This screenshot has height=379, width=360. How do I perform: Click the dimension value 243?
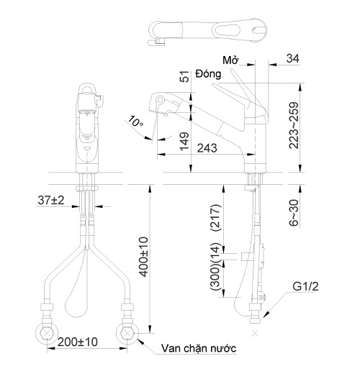point(207,148)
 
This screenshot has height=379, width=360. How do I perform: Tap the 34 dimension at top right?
point(293,58)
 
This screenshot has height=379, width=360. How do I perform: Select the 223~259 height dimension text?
point(294,125)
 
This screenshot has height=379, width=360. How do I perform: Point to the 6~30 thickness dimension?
point(294,213)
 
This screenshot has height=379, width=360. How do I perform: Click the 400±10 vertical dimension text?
point(144,257)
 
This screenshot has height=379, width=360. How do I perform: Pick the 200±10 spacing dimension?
point(78,342)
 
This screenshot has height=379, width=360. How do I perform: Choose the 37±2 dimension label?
point(51,200)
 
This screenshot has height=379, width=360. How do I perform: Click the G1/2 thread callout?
point(305,286)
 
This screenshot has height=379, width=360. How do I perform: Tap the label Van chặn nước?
point(199,348)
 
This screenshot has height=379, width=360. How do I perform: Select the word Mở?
point(230,60)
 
